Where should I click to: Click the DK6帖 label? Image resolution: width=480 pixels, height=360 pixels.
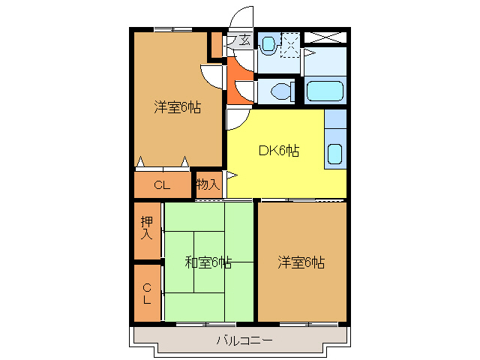click(279, 151)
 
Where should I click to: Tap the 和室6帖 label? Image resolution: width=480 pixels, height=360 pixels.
click(208, 262)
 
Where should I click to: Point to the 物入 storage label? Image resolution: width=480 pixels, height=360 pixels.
click(208, 184)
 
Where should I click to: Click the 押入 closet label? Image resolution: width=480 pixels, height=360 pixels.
click(147, 228)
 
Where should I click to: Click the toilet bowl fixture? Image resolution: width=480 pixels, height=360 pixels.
click(282, 91)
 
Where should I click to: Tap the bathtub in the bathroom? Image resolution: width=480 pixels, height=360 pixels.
click(325, 91)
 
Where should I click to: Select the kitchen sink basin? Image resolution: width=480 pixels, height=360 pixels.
click(334, 154)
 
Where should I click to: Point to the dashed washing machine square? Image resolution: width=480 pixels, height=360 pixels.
click(290, 45)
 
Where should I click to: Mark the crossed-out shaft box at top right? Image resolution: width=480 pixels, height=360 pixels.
click(325, 36)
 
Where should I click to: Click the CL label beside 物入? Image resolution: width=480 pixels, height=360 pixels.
click(162, 184)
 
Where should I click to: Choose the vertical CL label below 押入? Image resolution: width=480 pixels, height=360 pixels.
click(147, 292)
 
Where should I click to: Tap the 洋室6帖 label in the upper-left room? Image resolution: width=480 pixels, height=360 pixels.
click(178, 107)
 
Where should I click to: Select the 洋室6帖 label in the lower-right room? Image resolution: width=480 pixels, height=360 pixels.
click(301, 262)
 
